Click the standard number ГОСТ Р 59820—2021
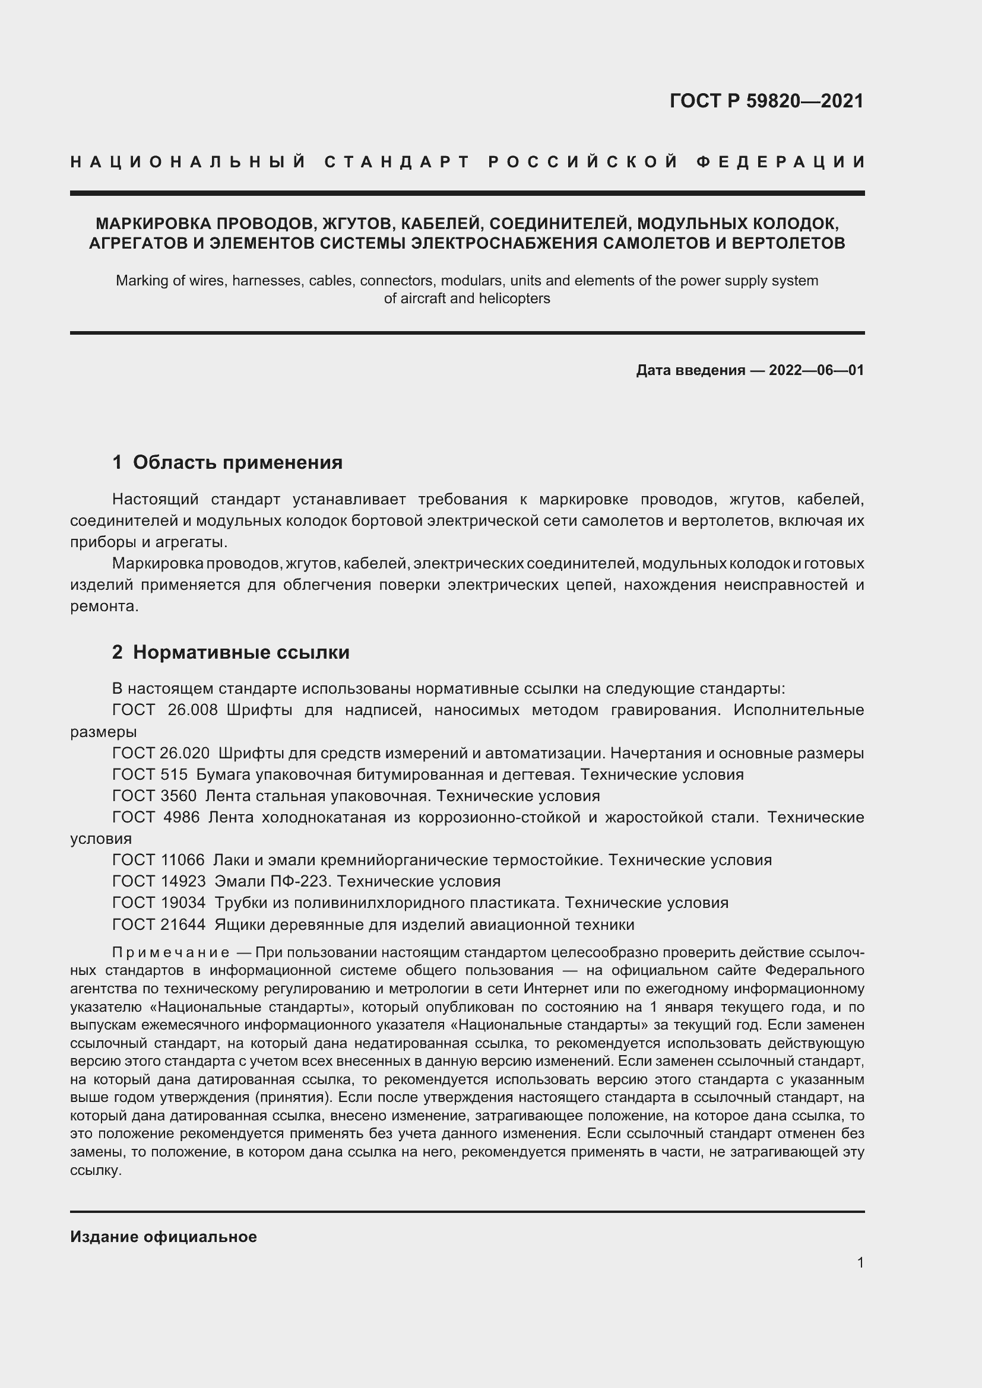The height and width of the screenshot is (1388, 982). click(766, 101)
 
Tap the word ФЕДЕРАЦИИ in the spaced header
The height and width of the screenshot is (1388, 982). click(780, 162)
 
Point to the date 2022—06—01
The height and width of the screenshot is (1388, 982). click(816, 370)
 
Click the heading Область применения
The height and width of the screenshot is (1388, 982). click(237, 462)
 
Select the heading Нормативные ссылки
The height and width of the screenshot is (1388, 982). click(240, 652)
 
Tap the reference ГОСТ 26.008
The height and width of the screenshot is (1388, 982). click(164, 710)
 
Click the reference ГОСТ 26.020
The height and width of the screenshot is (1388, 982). click(161, 753)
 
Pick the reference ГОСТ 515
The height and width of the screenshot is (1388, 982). click(150, 774)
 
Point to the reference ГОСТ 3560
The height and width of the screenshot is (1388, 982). click(154, 796)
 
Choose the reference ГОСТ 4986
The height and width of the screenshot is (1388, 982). click(156, 817)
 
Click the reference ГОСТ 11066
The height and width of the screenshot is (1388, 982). click(159, 860)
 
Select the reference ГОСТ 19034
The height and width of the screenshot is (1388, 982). click(159, 903)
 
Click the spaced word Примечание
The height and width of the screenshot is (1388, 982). click(170, 953)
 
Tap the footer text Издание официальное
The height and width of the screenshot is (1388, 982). click(163, 1237)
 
